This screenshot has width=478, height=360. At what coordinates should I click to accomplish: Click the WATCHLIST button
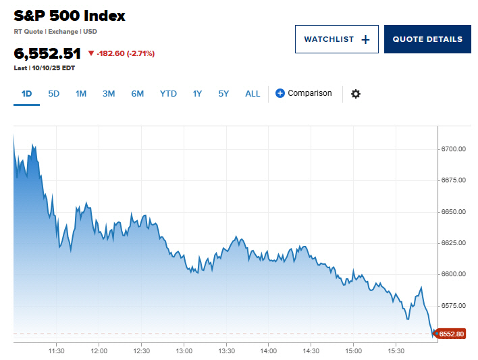pos(336,39)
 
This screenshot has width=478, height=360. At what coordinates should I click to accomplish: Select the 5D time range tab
pos(54,94)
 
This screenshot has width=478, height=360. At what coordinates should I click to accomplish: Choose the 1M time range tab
pos(81,94)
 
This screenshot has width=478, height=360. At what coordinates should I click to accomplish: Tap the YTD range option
pos(168,94)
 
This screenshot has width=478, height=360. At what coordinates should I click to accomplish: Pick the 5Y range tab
pos(223,94)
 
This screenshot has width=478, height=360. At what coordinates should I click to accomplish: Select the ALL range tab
pos(253,94)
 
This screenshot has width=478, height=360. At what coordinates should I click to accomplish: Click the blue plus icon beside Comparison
pos(280,94)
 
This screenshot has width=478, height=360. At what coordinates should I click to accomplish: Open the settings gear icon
pos(356,94)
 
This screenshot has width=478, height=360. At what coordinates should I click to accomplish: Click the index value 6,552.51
pos(47,53)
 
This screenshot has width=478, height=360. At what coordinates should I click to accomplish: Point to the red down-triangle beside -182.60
pos(91,53)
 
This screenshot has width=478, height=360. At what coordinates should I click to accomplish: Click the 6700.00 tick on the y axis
pos(454,149)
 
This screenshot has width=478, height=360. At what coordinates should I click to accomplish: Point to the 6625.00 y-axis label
pos(454,243)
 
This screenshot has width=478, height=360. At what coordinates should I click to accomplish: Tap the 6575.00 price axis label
pos(454,306)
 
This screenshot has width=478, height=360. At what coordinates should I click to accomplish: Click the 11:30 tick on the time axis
pos(57,351)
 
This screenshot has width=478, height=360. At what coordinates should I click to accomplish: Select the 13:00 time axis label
pos(184,351)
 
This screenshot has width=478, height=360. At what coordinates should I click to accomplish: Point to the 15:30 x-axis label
pos(396,351)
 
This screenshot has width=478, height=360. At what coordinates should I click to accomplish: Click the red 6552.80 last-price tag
pos(451,334)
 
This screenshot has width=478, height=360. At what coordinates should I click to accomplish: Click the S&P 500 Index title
pos(70,16)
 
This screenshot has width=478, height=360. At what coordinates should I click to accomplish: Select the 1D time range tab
pos(27,94)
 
